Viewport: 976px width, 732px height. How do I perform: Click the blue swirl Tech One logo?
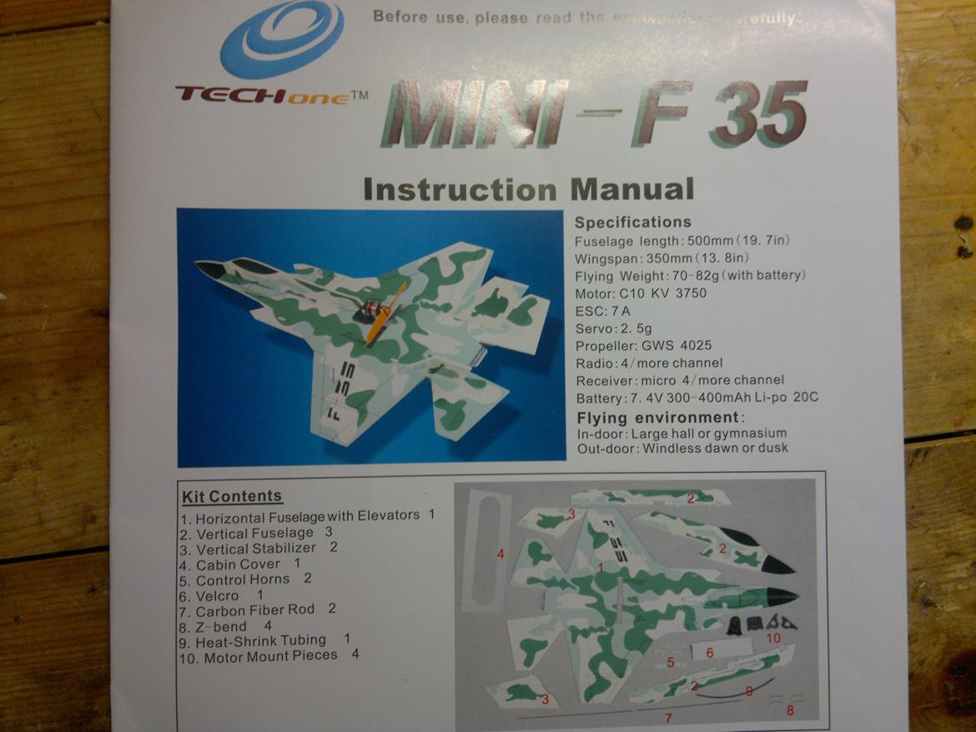coord(281,38)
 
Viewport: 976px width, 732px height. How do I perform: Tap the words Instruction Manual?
coord(528,189)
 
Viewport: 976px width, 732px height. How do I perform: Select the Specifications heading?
coord(632,223)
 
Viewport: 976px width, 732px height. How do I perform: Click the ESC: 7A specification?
coord(603,311)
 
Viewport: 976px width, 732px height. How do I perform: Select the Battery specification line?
coord(697,398)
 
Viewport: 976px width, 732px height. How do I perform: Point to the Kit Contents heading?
coord(232,497)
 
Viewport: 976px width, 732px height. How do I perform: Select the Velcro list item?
coord(221,595)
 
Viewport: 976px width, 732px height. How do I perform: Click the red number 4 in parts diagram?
coord(501,554)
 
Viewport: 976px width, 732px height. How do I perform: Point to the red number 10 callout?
coord(772,638)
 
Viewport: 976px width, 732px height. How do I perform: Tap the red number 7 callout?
coord(667,717)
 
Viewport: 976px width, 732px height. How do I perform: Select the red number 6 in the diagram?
coord(709,653)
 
